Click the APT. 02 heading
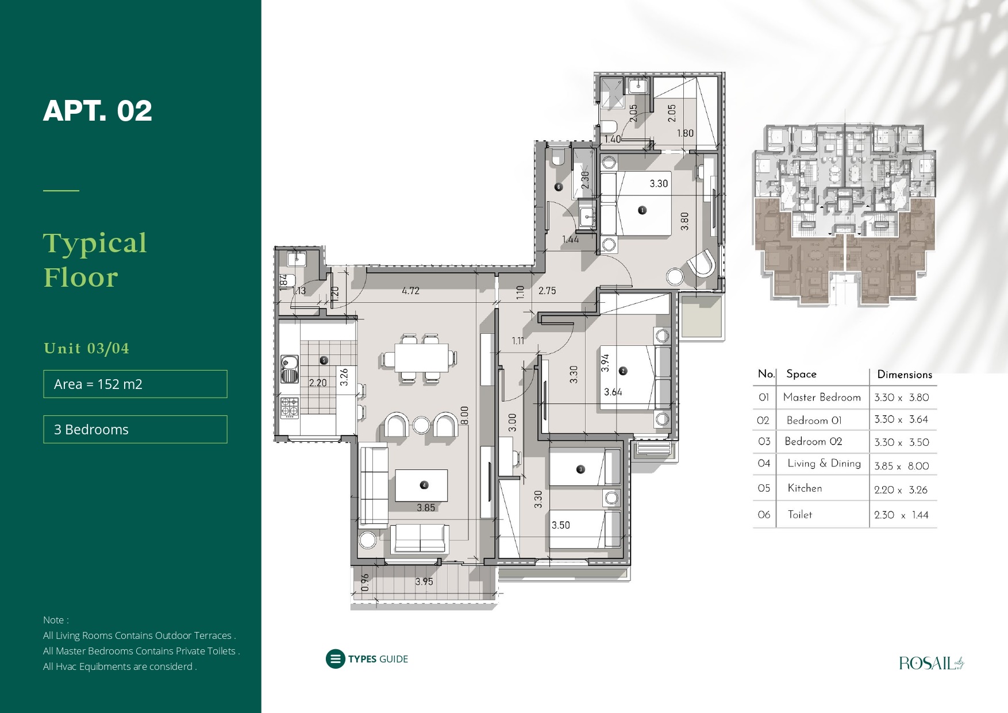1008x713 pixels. [x=98, y=111]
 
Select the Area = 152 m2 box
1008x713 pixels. [x=135, y=384]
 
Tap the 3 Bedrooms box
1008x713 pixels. [x=135, y=429]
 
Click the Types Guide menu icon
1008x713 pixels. [x=335, y=659]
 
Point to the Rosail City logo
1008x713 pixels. [x=931, y=663]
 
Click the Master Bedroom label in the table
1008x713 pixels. [x=822, y=397]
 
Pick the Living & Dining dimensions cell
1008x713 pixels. [x=902, y=466]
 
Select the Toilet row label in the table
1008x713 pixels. [x=800, y=515]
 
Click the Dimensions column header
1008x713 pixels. [x=905, y=375]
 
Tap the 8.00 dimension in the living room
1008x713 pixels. [x=464, y=415]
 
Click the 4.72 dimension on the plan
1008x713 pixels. [x=410, y=291]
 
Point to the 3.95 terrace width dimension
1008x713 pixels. [x=424, y=581]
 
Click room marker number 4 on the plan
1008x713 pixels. [x=424, y=485]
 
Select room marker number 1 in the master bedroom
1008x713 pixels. [x=642, y=210]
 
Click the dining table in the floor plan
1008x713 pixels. [x=421, y=357]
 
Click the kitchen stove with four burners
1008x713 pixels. [x=290, y=408]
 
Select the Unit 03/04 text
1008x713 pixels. [x=87, y=348]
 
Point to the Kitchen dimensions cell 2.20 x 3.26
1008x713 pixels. [x=901, y=490]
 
